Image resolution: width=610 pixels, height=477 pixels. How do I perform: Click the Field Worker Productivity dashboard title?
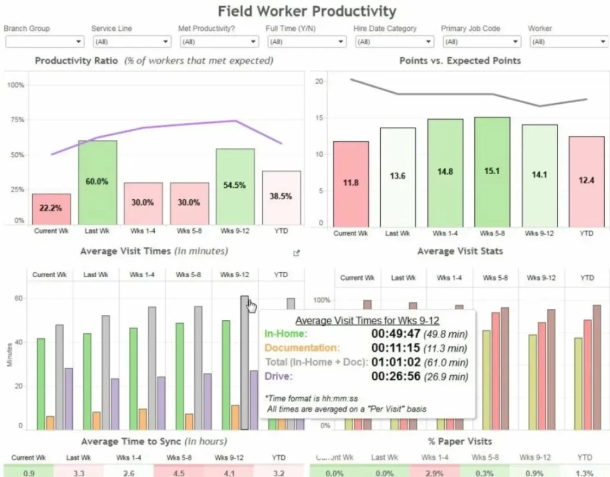coord(307,11)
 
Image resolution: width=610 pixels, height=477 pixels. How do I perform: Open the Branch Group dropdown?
coord(45,42)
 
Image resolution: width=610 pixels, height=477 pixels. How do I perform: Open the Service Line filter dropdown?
coord(132,42)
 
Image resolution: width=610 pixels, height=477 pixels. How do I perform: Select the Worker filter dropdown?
coord(568,42)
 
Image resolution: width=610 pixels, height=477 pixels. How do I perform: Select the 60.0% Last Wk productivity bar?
coord(98,182)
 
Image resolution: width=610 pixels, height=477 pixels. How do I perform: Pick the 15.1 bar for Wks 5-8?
coord(491,172)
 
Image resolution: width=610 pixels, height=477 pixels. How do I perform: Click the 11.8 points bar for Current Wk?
coord(351,184)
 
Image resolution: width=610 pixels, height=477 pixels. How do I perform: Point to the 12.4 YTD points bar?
coord(586,181)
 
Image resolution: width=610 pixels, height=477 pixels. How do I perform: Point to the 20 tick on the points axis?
coord(319,82)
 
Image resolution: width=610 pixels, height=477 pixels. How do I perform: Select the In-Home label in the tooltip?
coord(286,334)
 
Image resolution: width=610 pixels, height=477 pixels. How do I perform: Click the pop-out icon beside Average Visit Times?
coord(297,253)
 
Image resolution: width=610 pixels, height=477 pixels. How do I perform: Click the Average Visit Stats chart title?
coord(460,251)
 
